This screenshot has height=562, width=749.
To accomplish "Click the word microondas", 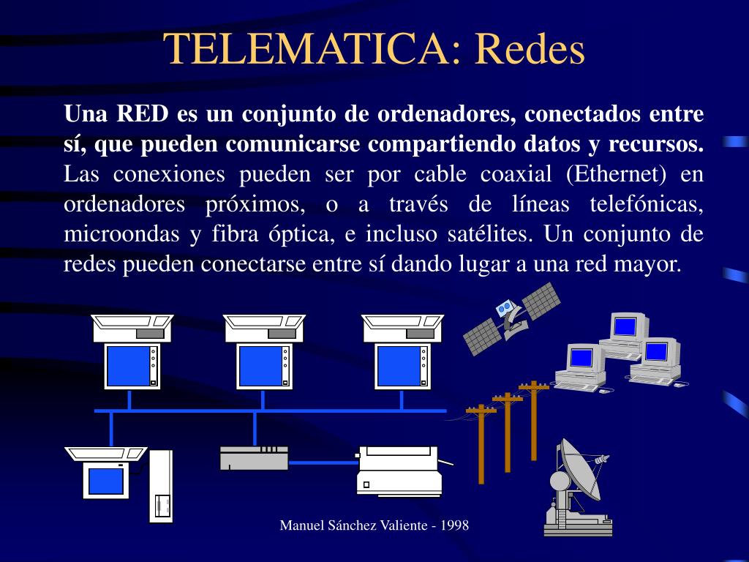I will coord(121,234).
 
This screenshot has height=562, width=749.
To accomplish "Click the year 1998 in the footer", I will coord(453,525).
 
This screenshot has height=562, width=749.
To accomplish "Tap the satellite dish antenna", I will coord(578,483).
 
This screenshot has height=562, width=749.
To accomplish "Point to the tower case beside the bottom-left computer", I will coord(161,486).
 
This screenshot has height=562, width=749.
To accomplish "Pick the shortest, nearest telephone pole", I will coord(481,443).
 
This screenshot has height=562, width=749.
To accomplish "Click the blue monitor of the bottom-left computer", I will coord(106,481).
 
